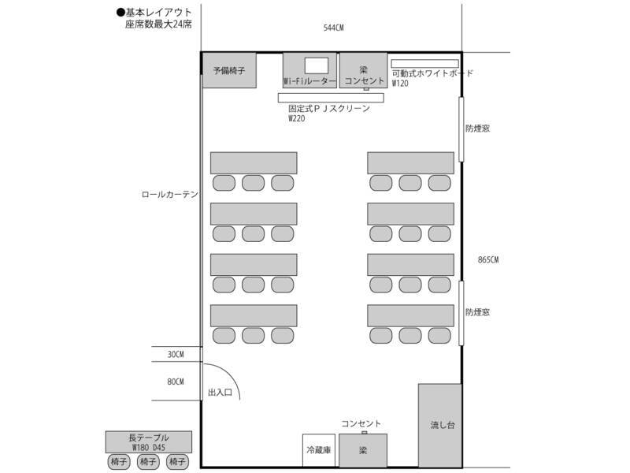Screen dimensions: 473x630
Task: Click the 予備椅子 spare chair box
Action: (229, 70)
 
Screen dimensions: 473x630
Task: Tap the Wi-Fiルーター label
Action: (309, 81)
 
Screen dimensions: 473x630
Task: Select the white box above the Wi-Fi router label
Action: (317, 65)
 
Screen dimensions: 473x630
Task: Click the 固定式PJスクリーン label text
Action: (329, 109)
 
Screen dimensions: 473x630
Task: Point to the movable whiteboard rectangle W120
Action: (424, 63)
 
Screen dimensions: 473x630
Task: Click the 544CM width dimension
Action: (333, 28)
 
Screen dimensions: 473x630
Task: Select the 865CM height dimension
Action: (488, 260)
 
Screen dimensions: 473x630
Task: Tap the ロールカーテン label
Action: (169, 194)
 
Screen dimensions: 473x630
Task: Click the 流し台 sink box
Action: (439, 426)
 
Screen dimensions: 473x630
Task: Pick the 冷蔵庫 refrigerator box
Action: (320, 450)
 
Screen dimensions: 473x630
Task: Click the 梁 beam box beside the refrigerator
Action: (363, 450)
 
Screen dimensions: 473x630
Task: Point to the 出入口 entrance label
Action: (219, 391)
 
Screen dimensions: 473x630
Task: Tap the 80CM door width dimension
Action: (176, 382)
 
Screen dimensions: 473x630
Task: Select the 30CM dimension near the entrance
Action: (176, 355)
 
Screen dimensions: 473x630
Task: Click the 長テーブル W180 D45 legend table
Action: (148, 441)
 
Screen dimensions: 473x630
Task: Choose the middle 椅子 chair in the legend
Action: (148, 461)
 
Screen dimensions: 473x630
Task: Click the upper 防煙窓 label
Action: (477, 128)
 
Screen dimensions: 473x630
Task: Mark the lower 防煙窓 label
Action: (477, 312)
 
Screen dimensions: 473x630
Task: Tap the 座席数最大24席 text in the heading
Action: (158, 24)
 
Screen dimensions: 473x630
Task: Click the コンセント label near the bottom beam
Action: (361, 424)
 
